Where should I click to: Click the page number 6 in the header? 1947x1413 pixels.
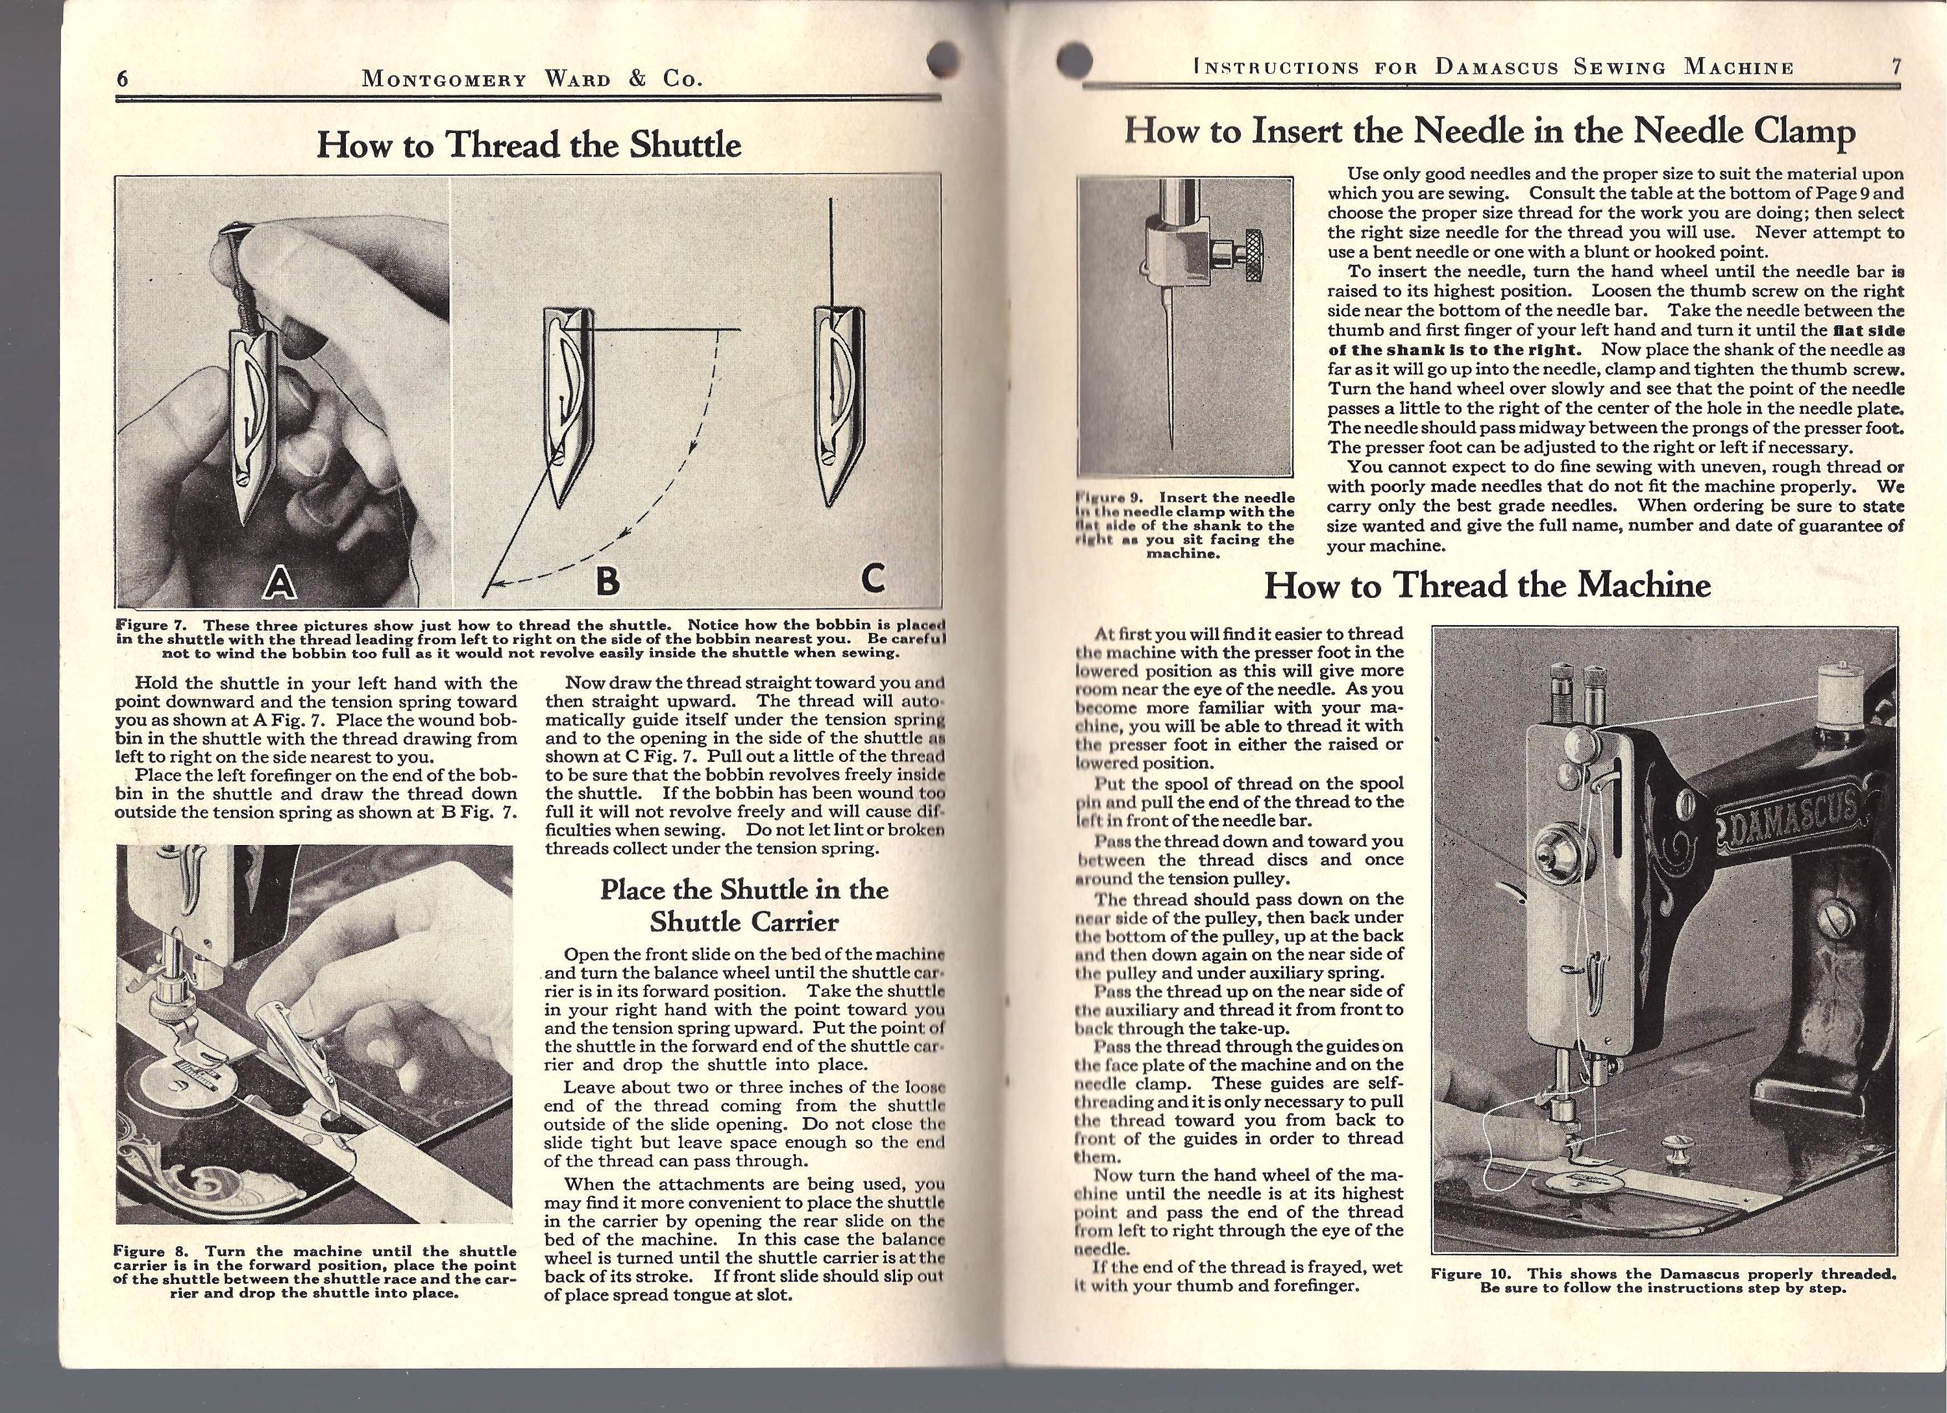pyautogui.click(x=123, y=79)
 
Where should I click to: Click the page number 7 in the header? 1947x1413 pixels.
pyautogui.click(x=1896, y=67)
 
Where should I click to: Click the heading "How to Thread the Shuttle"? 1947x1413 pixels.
pyautogui.click(x=529, y=144)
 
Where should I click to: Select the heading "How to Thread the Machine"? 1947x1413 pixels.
pyautogui.click(x=1488, y=585)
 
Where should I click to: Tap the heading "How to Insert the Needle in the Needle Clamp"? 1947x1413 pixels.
pyautogui.click(x=1489, y=130)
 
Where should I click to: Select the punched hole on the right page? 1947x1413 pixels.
pyautogui.click(x=1075, y=60)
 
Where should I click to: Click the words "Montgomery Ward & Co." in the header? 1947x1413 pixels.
pyautogui.click(x=532, y=80)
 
